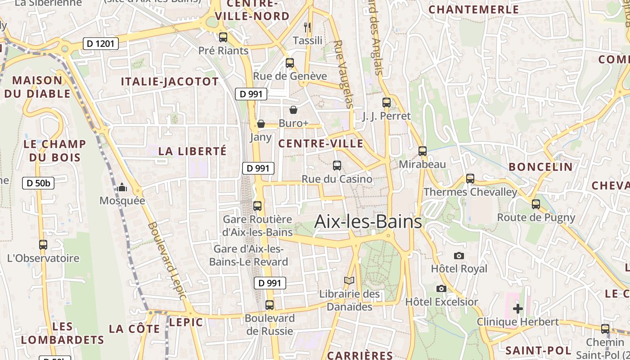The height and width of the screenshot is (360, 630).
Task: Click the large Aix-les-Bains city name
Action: coord(368,221)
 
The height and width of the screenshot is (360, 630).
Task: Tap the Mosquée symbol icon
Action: coord(122,187)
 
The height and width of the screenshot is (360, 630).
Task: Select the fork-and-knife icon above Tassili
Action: coord(308,27)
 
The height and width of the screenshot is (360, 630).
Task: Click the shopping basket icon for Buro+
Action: coord(293,110)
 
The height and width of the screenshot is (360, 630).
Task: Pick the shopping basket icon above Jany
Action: coord(261,124)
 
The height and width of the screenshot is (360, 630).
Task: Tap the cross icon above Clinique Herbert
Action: coord(518,309)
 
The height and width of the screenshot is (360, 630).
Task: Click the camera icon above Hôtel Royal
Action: coord(459,256)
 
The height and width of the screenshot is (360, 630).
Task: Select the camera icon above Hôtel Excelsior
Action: coord(441,288)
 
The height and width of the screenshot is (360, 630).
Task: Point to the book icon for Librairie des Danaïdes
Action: coord(349,281)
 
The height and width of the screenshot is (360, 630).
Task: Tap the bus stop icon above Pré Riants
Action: coord(223,37)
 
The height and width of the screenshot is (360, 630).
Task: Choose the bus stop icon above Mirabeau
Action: coord(422,151)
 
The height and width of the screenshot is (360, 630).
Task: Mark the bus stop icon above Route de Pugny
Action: coord(535,204)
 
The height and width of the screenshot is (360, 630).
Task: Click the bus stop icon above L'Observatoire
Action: coord(43,245)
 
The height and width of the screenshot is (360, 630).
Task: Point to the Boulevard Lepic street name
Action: coord(166,260)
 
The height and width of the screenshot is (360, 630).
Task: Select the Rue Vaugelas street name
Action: coord(343,74)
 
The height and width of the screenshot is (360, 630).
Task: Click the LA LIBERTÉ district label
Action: coord(193,151)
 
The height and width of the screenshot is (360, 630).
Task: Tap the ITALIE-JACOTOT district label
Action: coord(170,81)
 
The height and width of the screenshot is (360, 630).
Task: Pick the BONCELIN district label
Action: coord(541,167)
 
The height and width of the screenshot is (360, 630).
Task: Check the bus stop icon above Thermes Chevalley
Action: coord(470,179)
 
